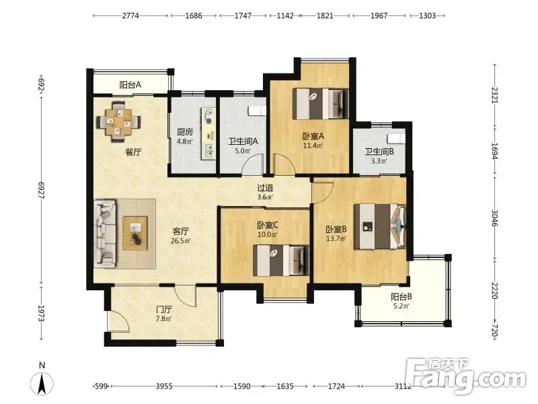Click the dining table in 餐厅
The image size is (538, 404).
click(118, 122)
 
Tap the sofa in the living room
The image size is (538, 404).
click(105, 234)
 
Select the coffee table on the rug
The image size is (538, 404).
click(135, 233)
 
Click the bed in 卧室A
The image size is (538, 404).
click(321, 104)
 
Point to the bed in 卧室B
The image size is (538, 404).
click(380, 226)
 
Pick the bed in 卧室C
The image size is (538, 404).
click(281, 260)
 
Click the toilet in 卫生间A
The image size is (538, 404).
click(257, 110)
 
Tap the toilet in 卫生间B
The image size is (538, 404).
click(396, 139)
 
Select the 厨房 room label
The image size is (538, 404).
click(184, 131)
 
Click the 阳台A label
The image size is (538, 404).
click(130, 85)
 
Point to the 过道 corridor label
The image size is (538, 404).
click(265, 188)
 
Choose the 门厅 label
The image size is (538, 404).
click(164, 310)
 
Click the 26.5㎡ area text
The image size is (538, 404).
click(180, 240)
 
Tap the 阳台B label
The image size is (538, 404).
click(401, 296)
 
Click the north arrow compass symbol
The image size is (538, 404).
click(42, 382)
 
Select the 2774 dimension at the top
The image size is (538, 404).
click(130, 15)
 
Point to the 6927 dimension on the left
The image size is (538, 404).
click(42, 190)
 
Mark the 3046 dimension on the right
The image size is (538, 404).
click(494, 217)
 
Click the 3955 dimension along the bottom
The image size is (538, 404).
click(164, 386)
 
